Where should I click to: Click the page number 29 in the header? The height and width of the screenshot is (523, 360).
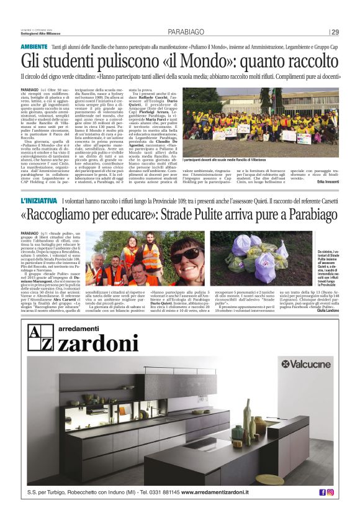pos(335,32)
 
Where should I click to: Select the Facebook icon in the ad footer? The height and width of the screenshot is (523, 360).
pos(322,492)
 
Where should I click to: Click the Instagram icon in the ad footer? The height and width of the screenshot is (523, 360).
pos(330,492)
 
